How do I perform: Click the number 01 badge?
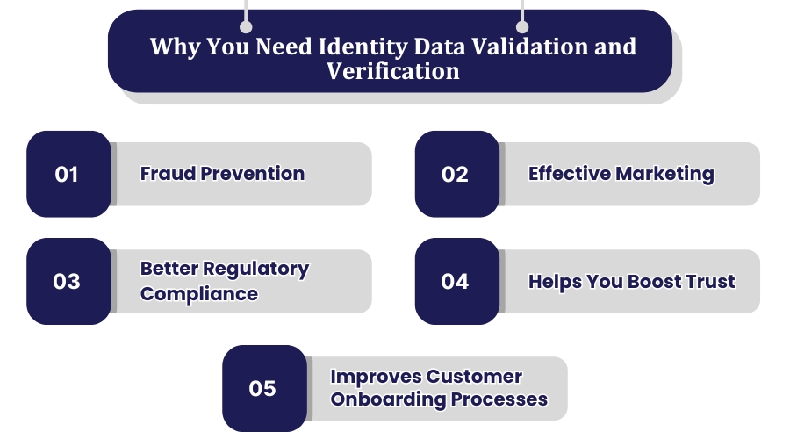coord(68,174)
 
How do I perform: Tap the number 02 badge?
coord(456,174)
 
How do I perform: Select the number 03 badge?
coord(68,281)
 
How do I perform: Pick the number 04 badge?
coord(456,281)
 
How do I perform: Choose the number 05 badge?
coord(263,388)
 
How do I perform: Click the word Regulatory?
coord(256,269)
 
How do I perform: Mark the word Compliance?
coord(199,293)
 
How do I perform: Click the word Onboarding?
coord(387,399)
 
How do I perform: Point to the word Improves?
coord(375,377)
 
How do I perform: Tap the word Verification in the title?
coord(393,70)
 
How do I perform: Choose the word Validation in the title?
coord(521,46)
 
